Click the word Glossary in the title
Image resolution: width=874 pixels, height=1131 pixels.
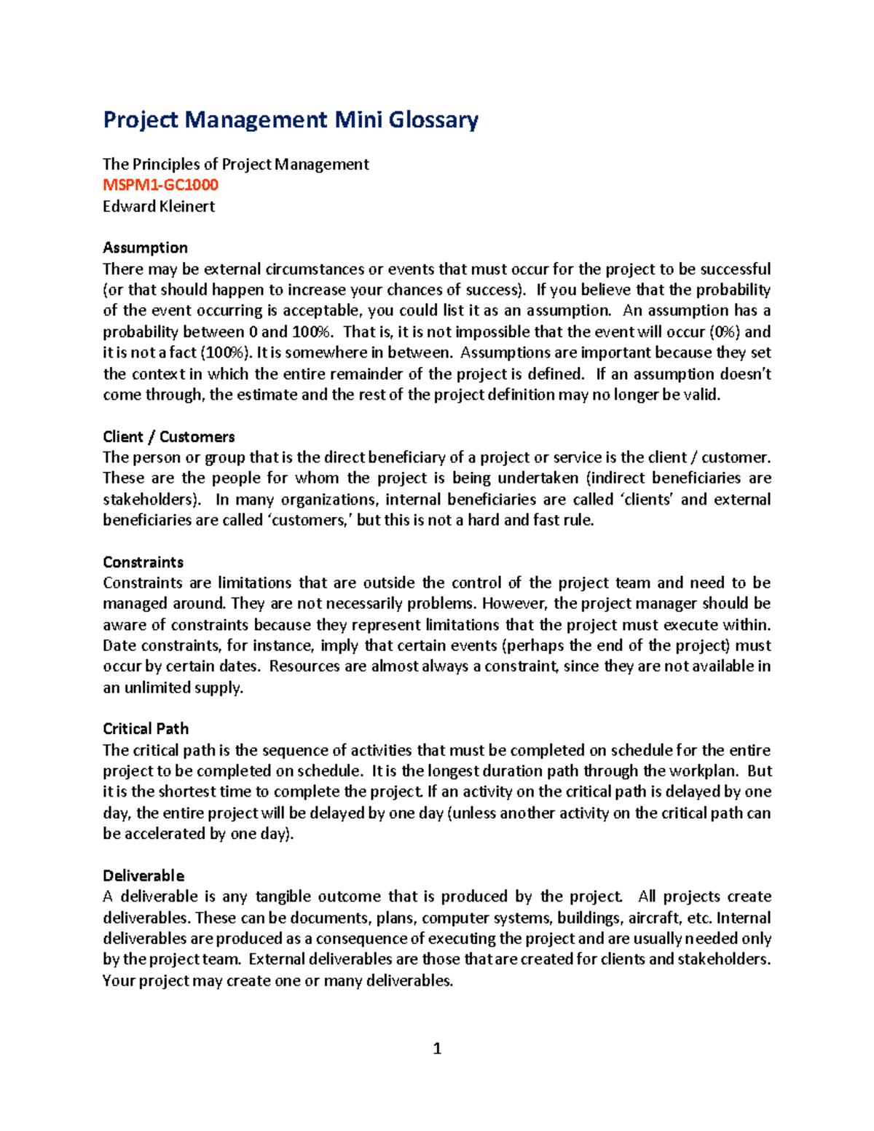(433, 119)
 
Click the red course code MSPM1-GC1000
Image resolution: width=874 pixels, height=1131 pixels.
(160, 185)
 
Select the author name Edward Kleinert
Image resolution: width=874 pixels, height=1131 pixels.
(159, 206)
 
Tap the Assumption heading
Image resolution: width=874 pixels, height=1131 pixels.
(145, 248)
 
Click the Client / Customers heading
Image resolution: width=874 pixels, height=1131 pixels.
(169, 437)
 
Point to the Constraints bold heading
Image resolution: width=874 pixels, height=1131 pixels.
(143, 562)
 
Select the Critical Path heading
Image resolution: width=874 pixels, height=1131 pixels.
(146, 729)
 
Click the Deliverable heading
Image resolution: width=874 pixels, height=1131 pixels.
(143, 875)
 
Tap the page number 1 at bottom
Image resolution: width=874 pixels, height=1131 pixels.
(437, 1049)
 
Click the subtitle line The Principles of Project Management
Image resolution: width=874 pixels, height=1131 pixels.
(236, 165)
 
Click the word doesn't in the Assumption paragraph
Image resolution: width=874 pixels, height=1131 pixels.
(745, 374)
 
